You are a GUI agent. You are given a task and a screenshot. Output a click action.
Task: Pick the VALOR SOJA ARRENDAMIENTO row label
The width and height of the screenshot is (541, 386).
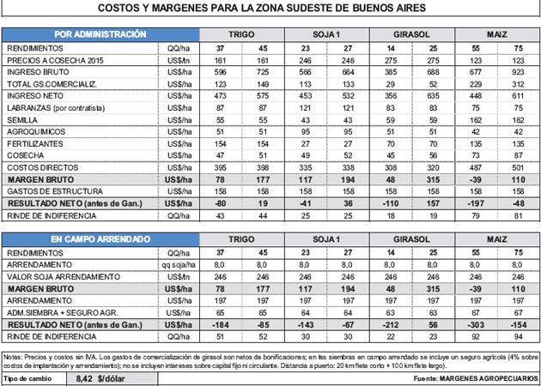62,279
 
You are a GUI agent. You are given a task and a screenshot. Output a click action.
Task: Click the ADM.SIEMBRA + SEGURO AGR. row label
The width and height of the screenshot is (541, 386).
62,314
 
